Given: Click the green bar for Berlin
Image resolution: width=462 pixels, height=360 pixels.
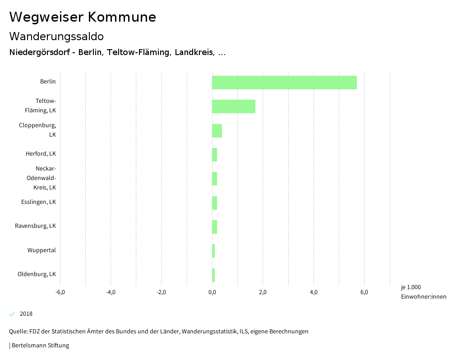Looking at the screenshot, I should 284,83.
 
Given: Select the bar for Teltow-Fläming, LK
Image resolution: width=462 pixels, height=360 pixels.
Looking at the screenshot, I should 234,106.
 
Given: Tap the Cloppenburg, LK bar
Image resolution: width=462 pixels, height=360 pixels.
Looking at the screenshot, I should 217,131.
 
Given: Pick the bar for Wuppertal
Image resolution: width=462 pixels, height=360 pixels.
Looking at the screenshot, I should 213,251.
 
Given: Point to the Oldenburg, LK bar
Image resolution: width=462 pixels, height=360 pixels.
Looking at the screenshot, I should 213,275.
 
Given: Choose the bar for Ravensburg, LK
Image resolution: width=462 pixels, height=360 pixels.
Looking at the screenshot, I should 215,227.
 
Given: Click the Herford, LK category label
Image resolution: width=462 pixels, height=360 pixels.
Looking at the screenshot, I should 41,154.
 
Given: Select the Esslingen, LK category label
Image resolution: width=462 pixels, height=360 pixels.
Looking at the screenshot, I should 38,202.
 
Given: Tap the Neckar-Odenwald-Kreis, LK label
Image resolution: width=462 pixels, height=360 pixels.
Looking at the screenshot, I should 41,178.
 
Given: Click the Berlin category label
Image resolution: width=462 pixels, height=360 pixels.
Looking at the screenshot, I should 48,82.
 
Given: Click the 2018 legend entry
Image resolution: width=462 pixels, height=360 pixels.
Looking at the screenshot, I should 26,314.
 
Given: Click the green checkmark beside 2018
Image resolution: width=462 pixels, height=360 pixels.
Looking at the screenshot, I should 12,314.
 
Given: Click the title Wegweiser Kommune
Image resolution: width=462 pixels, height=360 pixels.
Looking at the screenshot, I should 83,17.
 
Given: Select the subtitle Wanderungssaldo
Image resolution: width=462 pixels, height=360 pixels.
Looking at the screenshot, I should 56,36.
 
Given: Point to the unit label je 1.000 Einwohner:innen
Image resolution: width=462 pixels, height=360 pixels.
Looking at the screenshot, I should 423,292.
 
